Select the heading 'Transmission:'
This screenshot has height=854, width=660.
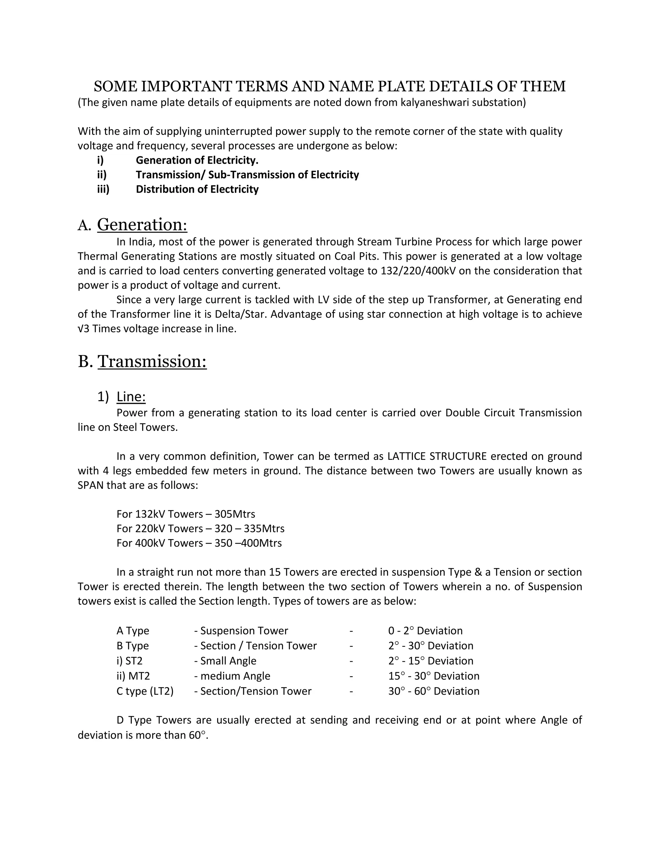pyautogui.click(x=152, y=361)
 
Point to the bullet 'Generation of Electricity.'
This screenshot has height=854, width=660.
pyautogui.click(x=197, y=160)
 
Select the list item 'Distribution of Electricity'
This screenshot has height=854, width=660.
pyautogui.click(x=197, y=189)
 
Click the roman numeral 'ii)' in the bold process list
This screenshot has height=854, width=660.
pyautogui.click(x=102, y=175)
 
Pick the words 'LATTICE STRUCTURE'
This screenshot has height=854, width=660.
pyautogui.click(x=437, y=456)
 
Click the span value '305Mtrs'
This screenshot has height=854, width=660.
pyautogui.click(x=235, y=514)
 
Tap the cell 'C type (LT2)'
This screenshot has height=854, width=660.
pyautogui.click(x=145, y=691)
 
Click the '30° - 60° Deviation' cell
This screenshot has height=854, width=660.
pyautogui.click(x=434, y=691)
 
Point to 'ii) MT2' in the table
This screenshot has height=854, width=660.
pyautogui.click(x=133, y=676)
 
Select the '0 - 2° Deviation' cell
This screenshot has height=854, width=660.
pyautogui.click(x=425, y=631)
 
